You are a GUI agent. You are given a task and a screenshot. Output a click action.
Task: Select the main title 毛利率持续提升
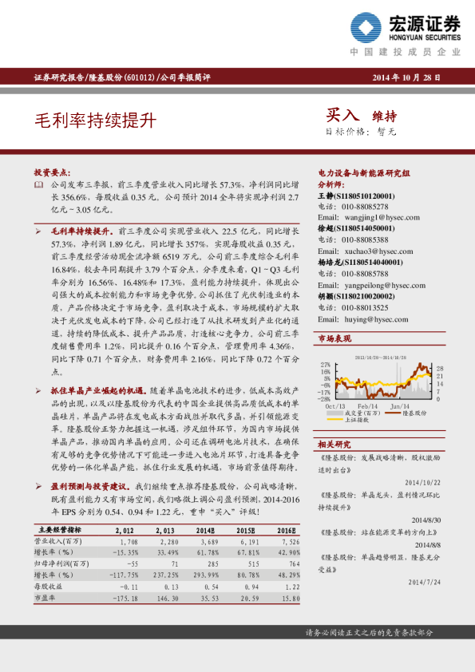pos(95,121)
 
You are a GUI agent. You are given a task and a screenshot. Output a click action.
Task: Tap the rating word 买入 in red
pos(342,116)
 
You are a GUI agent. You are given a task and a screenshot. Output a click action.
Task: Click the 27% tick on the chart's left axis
pos(325,364)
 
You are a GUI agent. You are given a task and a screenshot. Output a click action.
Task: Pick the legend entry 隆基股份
pos(414,413)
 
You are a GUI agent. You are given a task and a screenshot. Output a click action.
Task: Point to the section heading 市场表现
pos(334,339)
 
